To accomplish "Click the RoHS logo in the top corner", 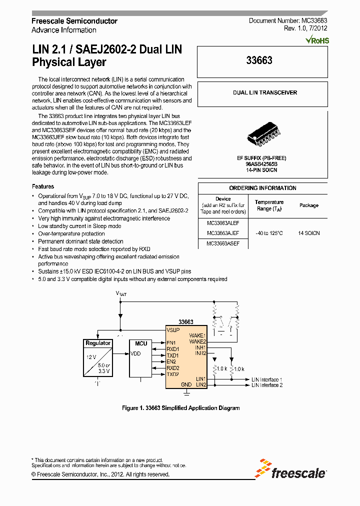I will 318,40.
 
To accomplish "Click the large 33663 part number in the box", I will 259,61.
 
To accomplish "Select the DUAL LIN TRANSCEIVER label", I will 264,93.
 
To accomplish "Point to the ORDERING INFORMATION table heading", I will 262,188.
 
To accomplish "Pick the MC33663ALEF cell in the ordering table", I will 223,223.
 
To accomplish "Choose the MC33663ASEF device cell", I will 223,243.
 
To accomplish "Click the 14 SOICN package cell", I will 308,233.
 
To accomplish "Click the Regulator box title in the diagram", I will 98,343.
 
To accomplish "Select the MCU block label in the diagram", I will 141,343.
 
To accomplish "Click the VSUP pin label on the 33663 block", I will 173,330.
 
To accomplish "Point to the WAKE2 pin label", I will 197,341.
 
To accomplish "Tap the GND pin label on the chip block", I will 186,384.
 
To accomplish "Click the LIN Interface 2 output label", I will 267,385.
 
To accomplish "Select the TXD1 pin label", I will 173,355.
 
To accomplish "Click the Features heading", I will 43,186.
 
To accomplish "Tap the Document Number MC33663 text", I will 288,21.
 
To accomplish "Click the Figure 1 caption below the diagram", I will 181,408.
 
